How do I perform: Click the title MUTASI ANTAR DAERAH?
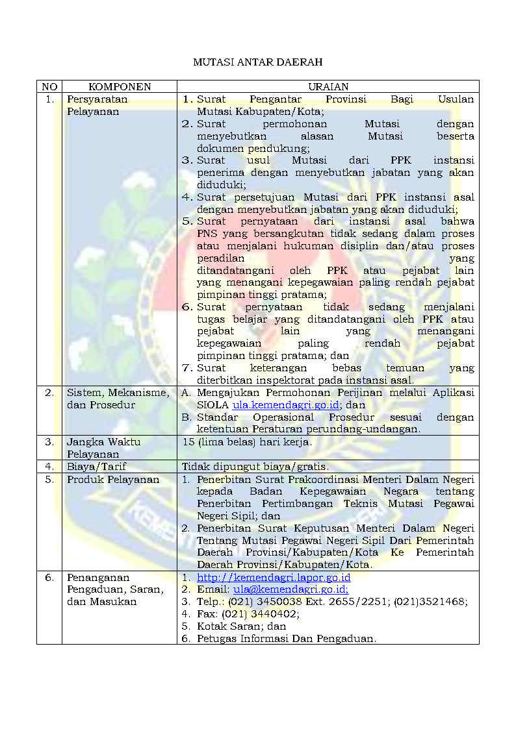pos(258,62)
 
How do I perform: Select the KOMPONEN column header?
pos(120,86)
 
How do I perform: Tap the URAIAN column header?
pos(328,86)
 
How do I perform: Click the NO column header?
pos(49,86)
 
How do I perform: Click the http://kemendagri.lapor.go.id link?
pos(274,577)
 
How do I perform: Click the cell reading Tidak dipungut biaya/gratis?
pos(255,466)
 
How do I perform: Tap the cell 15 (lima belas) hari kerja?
pos(247,442)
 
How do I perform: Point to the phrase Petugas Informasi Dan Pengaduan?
pos(286,639)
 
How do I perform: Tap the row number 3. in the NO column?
pos(49,442)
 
